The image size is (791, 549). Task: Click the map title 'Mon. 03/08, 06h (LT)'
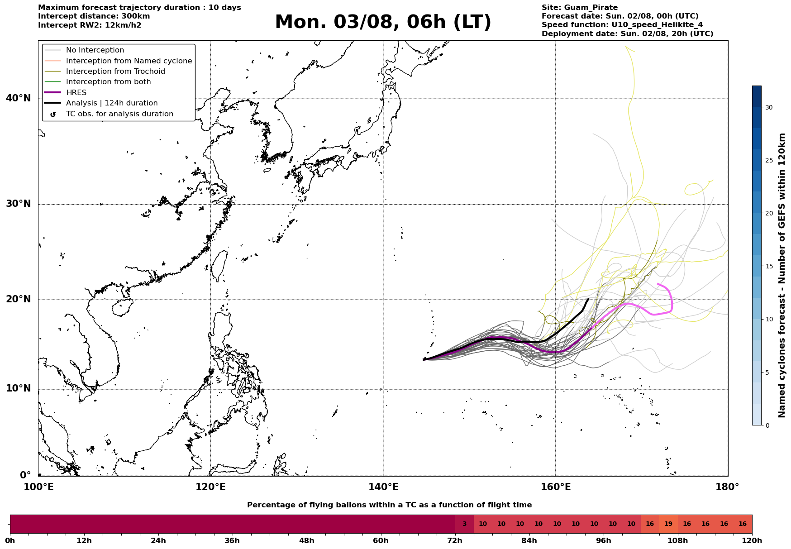[x=383, y=22]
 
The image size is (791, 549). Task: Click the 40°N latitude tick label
[x=19, y=98]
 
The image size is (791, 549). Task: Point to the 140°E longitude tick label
[x=383, y=487]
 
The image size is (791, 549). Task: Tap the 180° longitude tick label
[x=727, y=487]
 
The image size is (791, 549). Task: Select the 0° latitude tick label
[x=25, y=475]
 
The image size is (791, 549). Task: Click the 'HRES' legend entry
[x=76, y=93]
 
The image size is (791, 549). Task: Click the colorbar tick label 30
[x=769, y=107]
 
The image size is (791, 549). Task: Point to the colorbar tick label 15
[x=769, y=266]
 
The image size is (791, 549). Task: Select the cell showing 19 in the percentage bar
[x=668, y=524]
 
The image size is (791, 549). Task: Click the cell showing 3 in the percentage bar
[x=464, y=524]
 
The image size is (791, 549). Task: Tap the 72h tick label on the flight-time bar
[x=455, y=541]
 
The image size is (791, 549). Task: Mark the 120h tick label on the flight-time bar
[x=752, y=541]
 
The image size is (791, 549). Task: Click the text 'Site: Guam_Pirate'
[x=580, y=8]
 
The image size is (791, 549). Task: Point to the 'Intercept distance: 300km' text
[x=94, y=16]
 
